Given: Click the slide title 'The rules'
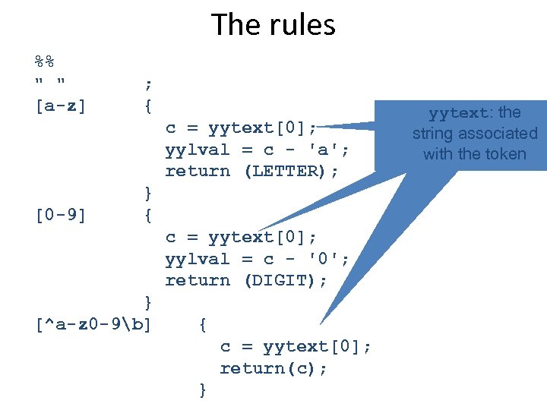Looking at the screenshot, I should [273, 25].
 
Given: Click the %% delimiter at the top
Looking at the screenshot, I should [46, 62].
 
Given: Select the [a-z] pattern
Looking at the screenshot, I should [61, 106].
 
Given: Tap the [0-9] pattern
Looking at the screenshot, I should [61, 216].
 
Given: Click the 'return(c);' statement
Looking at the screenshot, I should [274, 368].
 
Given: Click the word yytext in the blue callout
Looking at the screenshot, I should [458, 114].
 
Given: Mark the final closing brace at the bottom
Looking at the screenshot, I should [203, 390].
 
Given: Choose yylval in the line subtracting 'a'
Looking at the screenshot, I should [198, 150].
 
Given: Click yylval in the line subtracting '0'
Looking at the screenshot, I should [198, 259].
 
